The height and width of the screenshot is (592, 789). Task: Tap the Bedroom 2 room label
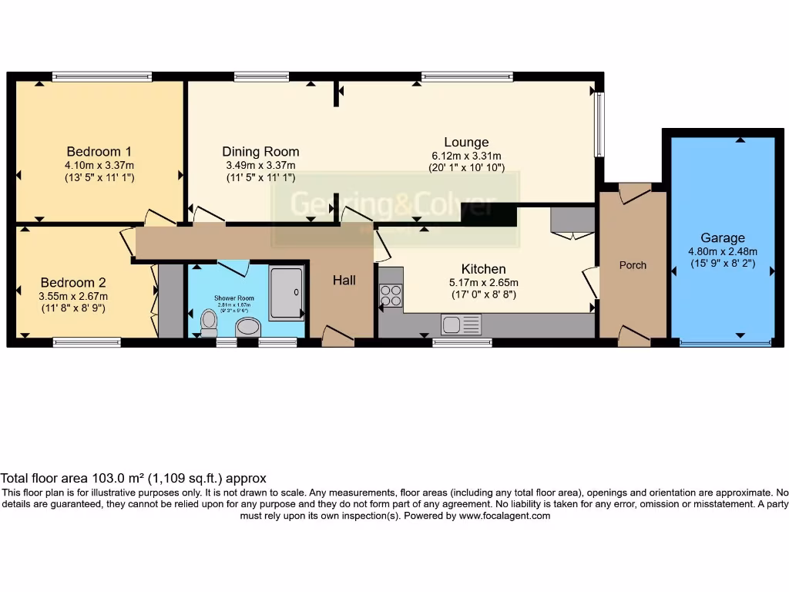tap(73, 283)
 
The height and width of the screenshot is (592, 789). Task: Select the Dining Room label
tap(260, 152)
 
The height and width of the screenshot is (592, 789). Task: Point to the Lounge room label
tap(466, 142)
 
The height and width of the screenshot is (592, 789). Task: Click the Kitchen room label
tap(483, 269)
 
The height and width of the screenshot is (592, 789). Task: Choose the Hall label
tap(344, 281)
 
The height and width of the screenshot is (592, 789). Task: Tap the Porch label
tap(633, 265)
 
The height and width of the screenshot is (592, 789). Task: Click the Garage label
tap(722, 238)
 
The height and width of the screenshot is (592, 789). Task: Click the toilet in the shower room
tap(208, 321)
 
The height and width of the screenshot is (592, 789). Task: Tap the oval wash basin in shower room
tap(248, 328)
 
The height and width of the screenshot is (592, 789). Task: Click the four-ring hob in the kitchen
tap(391, 296)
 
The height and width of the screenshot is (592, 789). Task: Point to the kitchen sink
tap(461, 325)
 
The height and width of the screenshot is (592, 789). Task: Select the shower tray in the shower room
tap(287, 292)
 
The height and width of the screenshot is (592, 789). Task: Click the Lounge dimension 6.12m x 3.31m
tap(466, 156)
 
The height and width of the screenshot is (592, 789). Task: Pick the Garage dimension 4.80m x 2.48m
tap(722, 251)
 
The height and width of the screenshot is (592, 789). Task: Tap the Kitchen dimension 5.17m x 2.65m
tap(483, 282)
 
